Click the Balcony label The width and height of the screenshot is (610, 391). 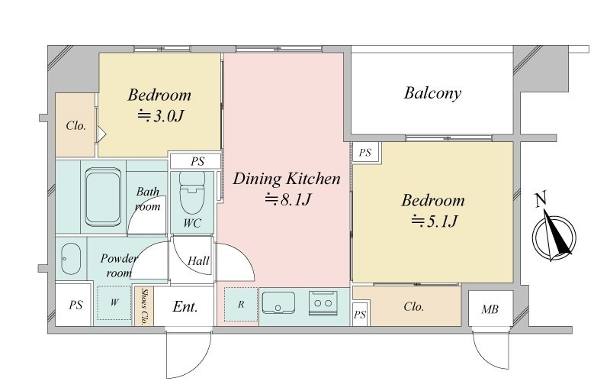click(x=432, y=93)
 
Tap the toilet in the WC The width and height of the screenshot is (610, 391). click(x=192, y=192)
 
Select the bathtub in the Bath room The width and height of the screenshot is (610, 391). click(x=103, y=197)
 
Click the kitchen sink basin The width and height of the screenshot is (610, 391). click(x=278, y=302)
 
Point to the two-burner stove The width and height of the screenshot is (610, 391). click(x=323, y=302)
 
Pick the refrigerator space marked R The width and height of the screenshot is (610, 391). click(x=241, y=304)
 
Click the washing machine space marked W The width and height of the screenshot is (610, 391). click(x=114, y=302)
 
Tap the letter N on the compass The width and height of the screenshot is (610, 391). click(x=541, y=199)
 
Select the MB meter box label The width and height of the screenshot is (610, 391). click(x=490, y=309)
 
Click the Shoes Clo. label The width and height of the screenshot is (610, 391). click(x=144, y=306)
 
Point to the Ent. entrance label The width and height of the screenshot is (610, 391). click(x=185, y=307)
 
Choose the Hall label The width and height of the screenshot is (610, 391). click(x=198, y=260)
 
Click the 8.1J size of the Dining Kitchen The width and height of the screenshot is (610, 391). click(x=288, y=200)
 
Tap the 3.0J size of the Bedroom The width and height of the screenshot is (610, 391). click(x=160, y=115)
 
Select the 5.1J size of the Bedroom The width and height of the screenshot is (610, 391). click(x=434, y=221)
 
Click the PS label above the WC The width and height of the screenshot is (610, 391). click(x=197, y=161)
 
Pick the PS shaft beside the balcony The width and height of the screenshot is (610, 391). click(x=365, y=152)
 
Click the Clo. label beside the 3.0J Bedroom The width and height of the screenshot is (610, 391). click(x=75, y=125)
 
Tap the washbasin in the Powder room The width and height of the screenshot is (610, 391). click(x=71, y=259)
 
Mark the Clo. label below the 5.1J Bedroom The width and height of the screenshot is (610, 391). click(x=413, y=306)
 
